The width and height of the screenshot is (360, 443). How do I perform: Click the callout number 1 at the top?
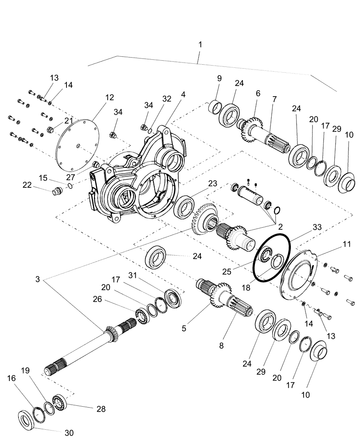(x=200, y=45)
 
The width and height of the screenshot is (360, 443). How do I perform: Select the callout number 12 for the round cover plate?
(x=109, y=97)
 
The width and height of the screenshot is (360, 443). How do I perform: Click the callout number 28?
(x=101, y=409)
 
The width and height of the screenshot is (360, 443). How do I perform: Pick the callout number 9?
(x=219, y=78)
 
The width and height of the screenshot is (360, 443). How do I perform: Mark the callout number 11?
(x=346, y=244)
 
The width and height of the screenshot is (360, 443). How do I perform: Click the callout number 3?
(x=38, y=280)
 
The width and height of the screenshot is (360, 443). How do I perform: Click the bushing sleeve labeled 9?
(x=215, y=108)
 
